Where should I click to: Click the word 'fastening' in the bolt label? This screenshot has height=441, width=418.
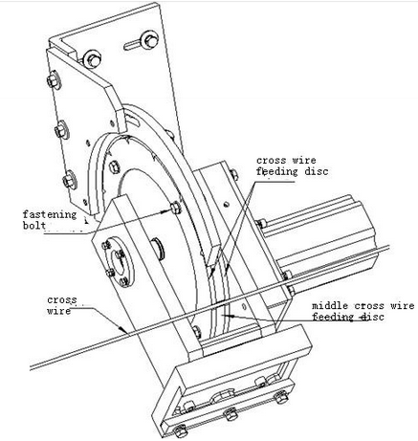tap(50, 214)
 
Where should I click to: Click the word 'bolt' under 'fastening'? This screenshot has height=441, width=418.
tap(34, 225)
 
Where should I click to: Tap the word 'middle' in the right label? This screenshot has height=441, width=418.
tap(330, 306)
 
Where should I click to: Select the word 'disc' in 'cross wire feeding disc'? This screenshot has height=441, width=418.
tap(317, 171)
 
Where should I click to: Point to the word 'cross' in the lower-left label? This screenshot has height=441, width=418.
tap(62, 300)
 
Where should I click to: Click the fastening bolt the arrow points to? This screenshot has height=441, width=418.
tap(175, 208)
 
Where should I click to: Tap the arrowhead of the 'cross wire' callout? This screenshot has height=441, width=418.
tap(122, 329)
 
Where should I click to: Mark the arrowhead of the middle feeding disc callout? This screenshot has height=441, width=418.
tap(229, 316)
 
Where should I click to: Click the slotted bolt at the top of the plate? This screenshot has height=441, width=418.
tap(149, 40)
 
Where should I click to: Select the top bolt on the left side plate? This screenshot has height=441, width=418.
tap(54, 79)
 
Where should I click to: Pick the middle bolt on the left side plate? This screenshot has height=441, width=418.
tap(61, 129)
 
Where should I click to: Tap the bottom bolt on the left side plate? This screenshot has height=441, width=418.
tap(70, 180)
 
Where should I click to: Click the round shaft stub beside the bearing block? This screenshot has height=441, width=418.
tap(159, 248)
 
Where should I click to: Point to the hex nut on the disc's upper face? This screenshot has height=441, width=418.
tap(114, 166)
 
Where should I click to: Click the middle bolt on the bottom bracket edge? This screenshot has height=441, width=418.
tap(231, 414)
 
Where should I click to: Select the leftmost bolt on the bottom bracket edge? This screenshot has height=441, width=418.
tap(181, 431)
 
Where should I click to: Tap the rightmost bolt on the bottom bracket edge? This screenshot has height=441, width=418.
tap(281, 397)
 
